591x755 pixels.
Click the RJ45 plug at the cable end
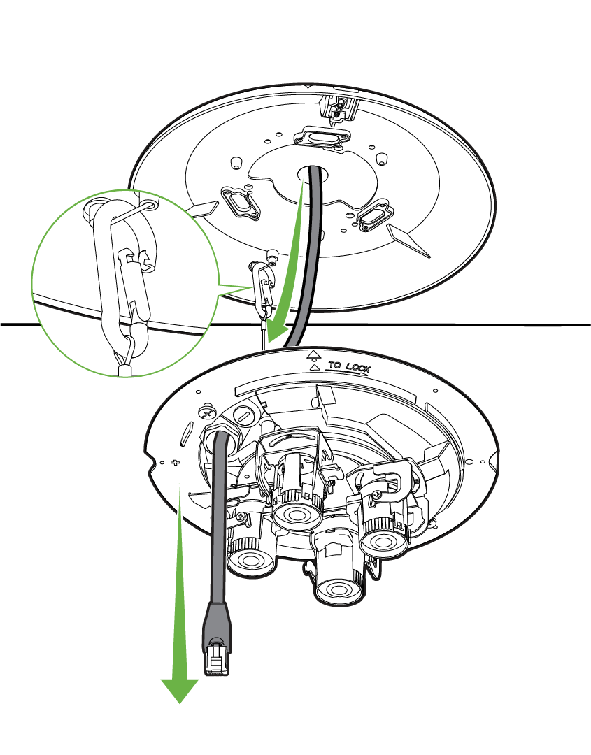pos(216,659)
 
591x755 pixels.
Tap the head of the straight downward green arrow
pos(179,690)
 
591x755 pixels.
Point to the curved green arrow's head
pos(276,332)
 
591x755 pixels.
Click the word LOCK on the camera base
pos(358,368)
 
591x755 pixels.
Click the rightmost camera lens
pos(385,543)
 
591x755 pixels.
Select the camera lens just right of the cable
pos(250,560)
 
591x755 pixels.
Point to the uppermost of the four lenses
pos(297,515)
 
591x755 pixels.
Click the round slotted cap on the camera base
pos(244,415)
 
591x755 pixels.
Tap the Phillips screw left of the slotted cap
pos(208,412)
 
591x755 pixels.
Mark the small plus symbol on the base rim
pos(176,463)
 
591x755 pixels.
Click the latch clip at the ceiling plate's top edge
pos(340,108)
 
